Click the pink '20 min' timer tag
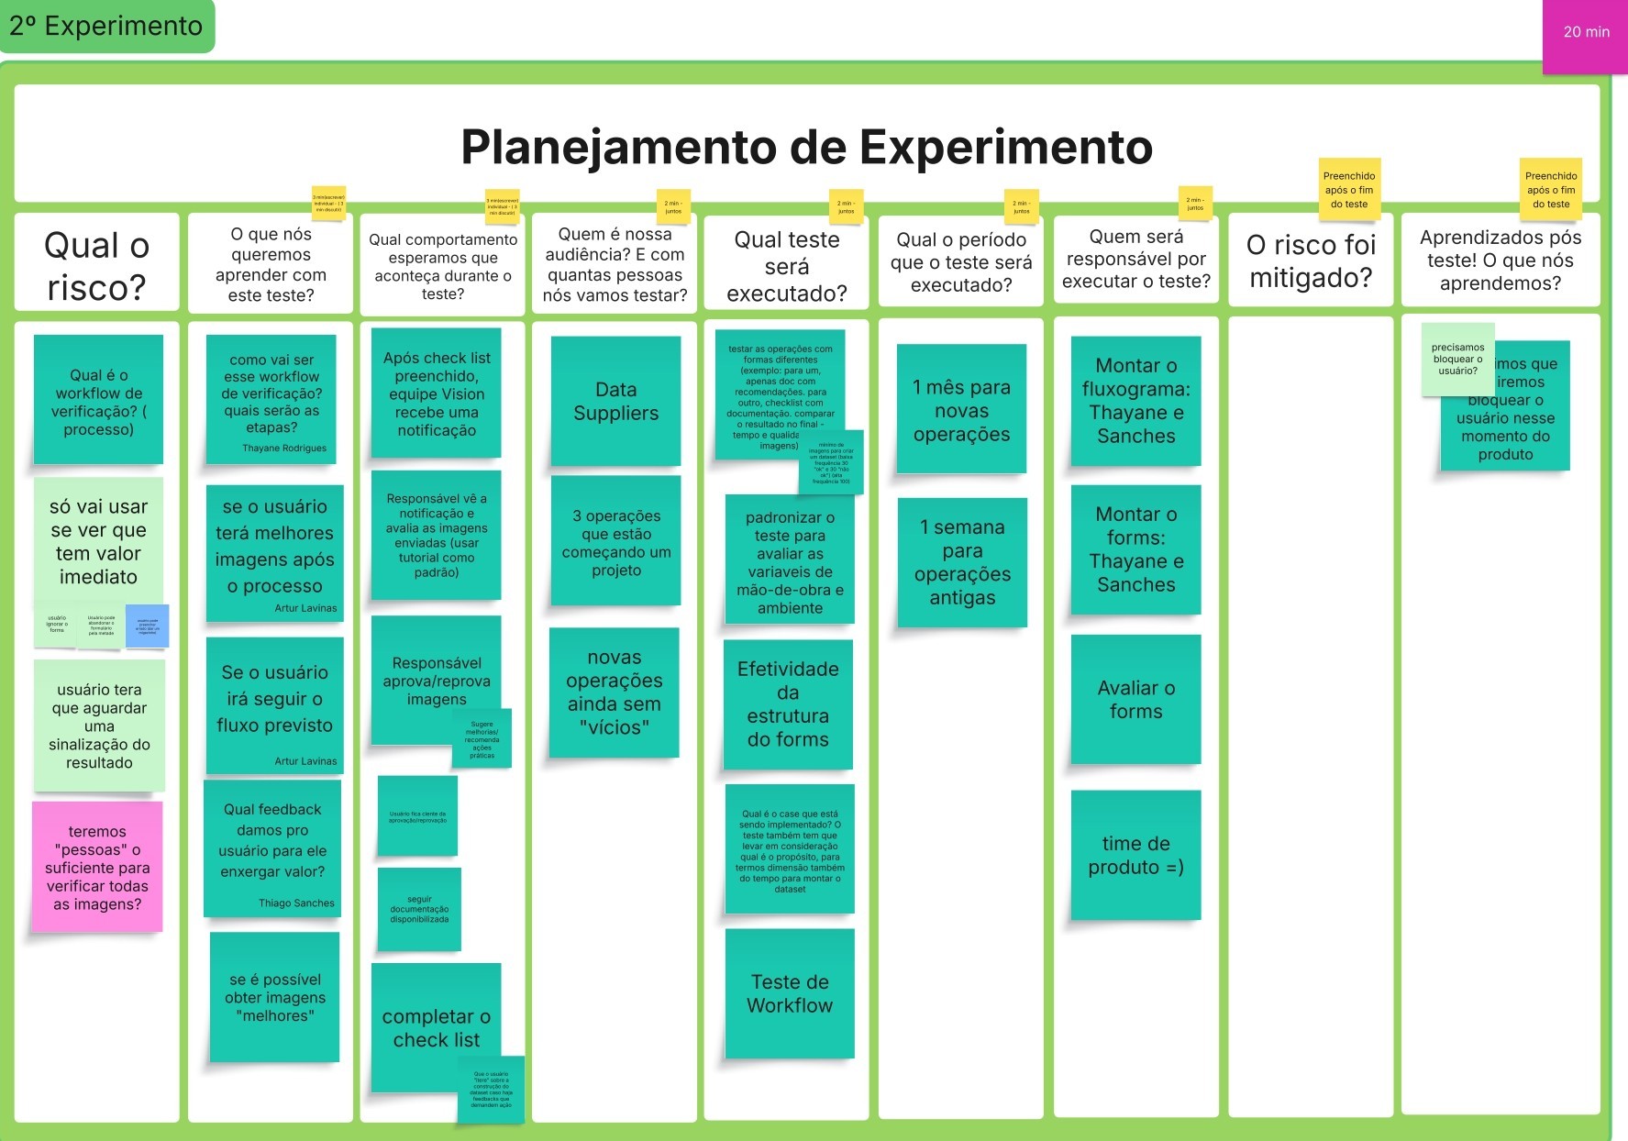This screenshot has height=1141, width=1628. click(1585, 33)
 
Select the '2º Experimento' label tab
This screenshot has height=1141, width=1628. click(105, 26)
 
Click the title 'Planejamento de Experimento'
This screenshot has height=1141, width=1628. click(806, 147)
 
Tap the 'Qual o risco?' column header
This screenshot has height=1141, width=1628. click(96, 265)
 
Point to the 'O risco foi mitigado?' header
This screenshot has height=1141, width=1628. click(1311, 261)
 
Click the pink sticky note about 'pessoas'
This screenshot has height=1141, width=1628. click(97, 867)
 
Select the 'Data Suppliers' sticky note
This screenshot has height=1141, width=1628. click(615, 401)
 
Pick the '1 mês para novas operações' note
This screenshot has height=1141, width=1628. click(961, 410)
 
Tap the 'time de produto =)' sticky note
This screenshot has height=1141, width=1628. click(1135, 855)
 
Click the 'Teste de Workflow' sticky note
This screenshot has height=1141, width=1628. click(789, 993)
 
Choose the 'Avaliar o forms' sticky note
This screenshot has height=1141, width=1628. click(1135, 699)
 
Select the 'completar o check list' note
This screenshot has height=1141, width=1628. click(436, 1027)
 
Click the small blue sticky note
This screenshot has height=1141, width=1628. click(147, 626)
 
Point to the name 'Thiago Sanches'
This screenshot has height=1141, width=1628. click(296, 903)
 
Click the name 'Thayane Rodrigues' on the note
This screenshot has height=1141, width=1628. click(284, 449)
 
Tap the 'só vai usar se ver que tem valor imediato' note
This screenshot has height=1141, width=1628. click(98, 541)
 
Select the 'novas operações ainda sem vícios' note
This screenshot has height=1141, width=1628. click(614, 692)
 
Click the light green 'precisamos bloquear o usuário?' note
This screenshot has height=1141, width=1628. click(1456, 359)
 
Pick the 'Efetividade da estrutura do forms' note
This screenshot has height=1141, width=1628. click(788, 703)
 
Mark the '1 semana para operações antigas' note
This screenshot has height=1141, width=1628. click(961, 561)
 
